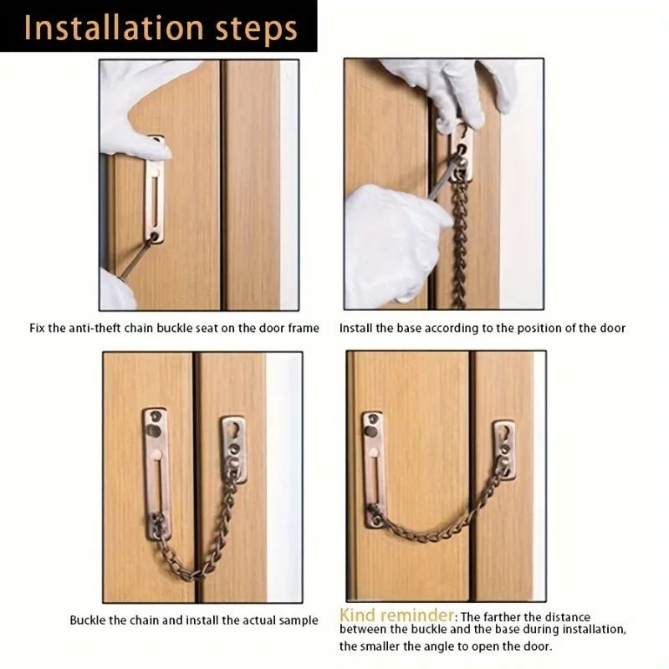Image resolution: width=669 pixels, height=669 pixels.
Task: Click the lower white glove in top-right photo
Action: coord(393,243)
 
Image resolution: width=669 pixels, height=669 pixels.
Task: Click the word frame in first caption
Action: coord(304,328)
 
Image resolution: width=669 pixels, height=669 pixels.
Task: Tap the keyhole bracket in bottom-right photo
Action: coord(503,448)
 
